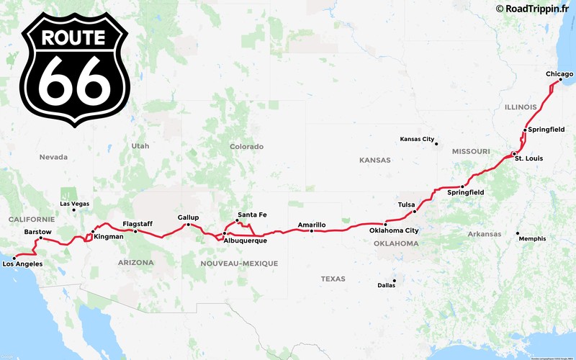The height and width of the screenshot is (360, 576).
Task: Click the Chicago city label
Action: pos(559,74)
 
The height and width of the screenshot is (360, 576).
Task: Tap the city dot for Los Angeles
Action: pos(14,257)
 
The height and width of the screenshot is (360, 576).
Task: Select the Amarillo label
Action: pos(312,225)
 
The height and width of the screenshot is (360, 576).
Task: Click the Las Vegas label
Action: pos(75,204)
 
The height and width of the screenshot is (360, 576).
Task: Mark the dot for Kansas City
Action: pos(436,143)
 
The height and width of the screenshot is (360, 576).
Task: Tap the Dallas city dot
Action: pos(395,280)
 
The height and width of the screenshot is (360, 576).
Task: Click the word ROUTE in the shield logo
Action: pos(74,37)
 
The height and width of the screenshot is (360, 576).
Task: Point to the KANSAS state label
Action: pos(375,160)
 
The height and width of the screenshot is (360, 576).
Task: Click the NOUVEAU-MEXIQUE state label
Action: pos(239,264)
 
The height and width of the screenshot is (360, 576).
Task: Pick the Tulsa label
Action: pos(406,204)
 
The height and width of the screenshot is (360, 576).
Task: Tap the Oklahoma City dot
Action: pos(386,225)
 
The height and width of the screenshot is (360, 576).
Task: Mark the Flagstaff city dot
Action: pos(136,230)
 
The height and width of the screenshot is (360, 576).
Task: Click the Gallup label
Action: pos(188,217)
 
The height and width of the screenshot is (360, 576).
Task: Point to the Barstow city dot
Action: pos(40,238)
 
